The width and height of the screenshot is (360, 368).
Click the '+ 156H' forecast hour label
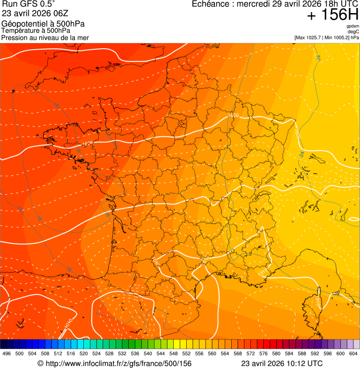[332, 15]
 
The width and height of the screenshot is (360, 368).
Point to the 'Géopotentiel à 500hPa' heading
[43, 24]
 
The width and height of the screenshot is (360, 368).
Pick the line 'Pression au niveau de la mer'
[45, 37]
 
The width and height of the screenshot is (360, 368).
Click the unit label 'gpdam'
[353, 26]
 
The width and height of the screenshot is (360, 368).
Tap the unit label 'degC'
[353, 31]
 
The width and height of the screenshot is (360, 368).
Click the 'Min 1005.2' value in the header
[338, 37]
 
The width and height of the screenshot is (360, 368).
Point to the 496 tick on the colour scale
[7, 353]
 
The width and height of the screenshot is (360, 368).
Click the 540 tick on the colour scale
[148, 353]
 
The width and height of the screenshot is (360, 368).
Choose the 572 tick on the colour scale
[250, 353]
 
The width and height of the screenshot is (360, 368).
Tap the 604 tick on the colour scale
[353, 353]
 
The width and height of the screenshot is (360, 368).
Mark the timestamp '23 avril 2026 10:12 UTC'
[282, 363]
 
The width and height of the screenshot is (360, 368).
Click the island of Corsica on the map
[316, 304]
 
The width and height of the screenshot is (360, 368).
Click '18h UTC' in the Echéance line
[341, 4]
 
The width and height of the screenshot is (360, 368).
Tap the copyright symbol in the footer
[40, 364]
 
